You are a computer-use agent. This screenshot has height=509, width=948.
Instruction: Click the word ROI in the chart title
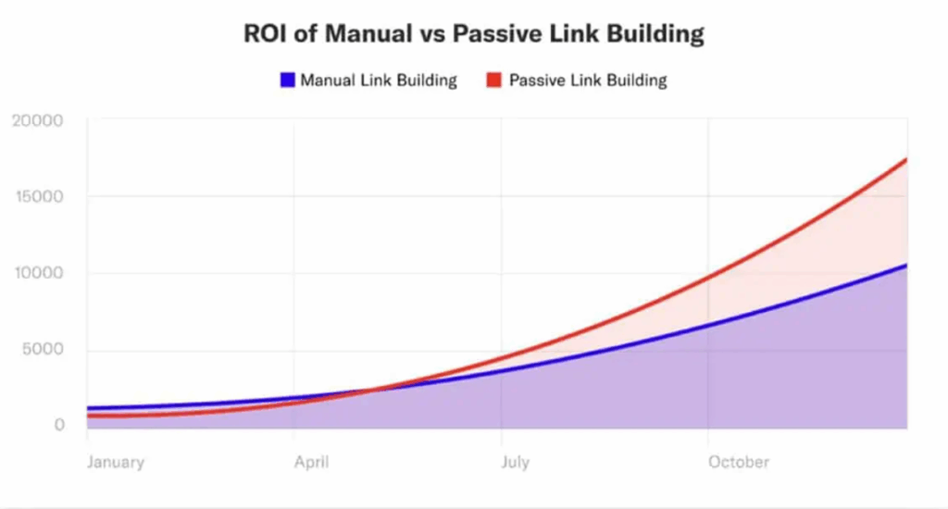click(265, 34)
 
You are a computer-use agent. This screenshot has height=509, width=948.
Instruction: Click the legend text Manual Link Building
click(378, 81)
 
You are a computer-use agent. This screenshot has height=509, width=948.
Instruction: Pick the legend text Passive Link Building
click(588, 81)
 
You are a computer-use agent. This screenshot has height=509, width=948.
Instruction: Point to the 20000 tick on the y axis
click(38, 120)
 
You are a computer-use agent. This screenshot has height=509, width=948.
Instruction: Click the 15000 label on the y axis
click(38, 197)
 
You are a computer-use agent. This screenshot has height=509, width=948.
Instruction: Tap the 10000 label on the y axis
click(38, 274)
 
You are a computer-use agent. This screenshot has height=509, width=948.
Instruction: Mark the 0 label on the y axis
click(58, 426)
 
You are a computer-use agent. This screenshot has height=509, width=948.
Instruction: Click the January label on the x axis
click(116, 462)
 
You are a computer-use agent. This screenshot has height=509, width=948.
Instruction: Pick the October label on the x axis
click(738, 462)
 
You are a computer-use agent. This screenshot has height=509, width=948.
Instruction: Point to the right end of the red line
click(905, 159)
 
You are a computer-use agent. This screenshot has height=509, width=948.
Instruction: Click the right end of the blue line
click(905, 266)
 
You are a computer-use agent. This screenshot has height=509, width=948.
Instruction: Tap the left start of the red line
click(89, 416)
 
